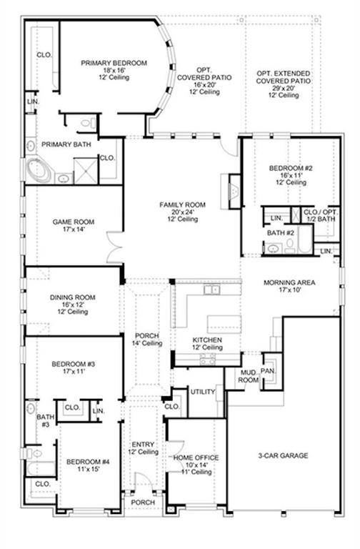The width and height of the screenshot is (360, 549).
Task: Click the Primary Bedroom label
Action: (114, 63)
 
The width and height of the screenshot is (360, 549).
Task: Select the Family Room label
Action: (182, 204)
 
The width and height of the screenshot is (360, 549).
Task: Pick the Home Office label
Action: (196, 457)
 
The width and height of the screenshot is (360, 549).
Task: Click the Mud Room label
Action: (248, 377)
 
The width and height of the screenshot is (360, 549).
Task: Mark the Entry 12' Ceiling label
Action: (143, 447)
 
